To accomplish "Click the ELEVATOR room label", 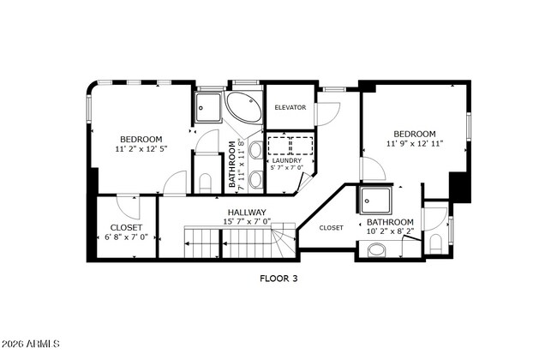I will pos(290,107).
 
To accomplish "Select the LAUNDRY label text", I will pos(285,160).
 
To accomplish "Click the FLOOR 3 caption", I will pos(278,278).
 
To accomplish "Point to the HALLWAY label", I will pos(247,212).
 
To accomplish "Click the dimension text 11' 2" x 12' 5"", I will pos(141,149).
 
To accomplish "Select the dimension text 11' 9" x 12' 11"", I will pos(415,144).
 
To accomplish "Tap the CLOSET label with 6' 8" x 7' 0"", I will pos(126,227).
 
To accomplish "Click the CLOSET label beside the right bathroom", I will pos(331,228).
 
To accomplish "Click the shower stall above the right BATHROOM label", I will pos(375,201).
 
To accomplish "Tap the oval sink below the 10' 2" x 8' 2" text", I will pos(377,250).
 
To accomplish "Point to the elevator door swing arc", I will pos(329,113).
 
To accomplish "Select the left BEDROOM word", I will pos(141,139).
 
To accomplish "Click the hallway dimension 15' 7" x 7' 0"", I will pos(247,221).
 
